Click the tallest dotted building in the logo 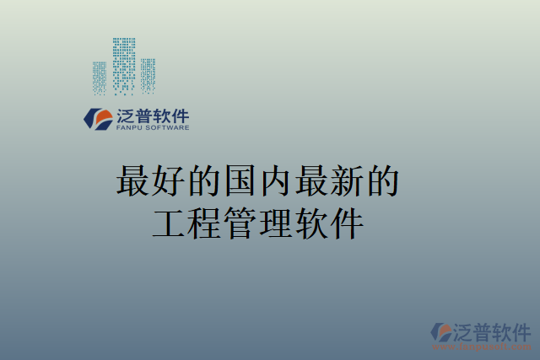click(x=124, y=64)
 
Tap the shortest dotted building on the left click(x=100, y=77)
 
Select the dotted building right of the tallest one click(x=148, y=75)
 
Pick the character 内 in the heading click(x=275, y=181)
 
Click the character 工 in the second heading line click(x=169, y=223)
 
